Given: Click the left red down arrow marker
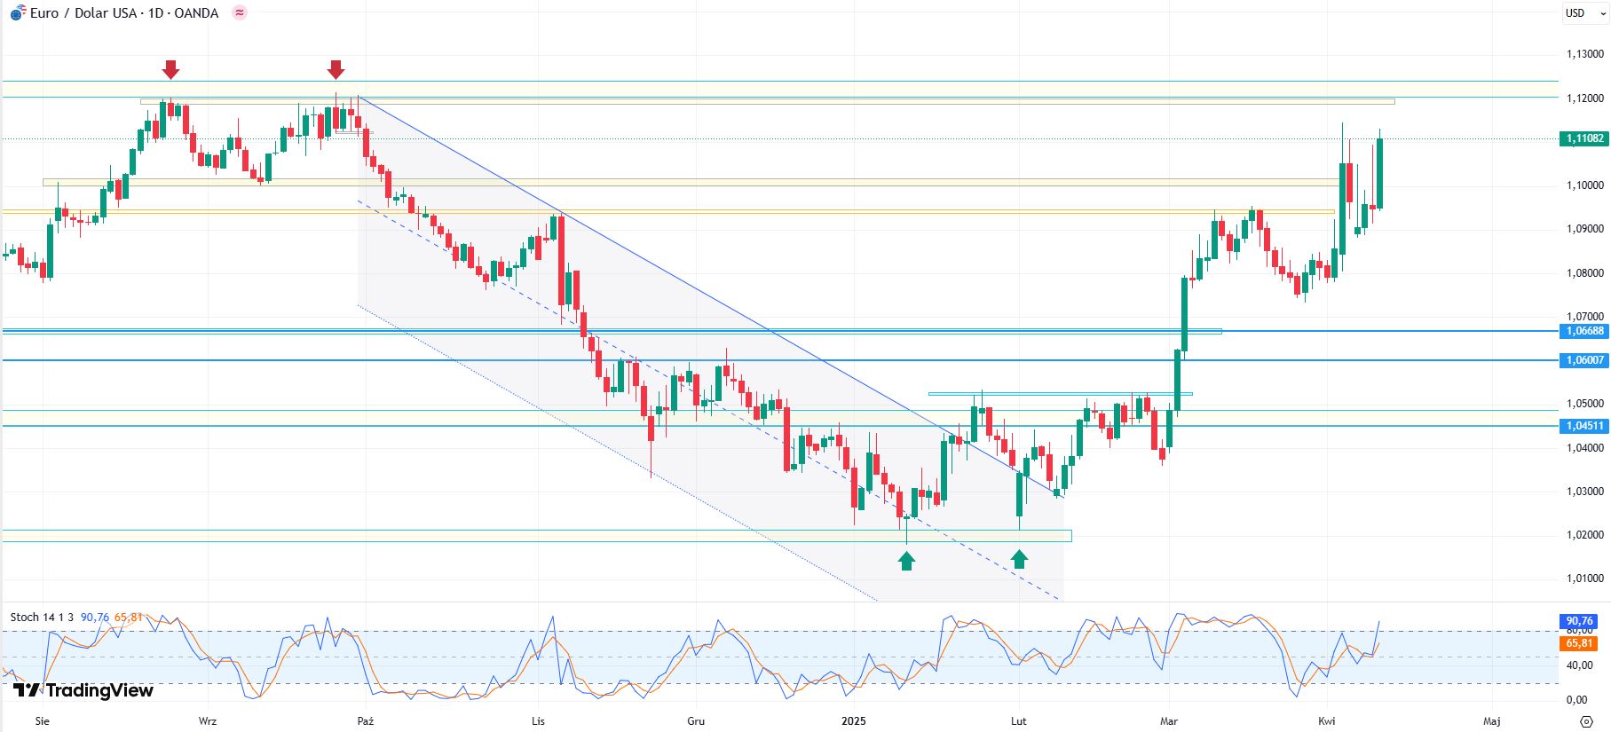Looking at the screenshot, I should pyautogui.click(x=171, y=69).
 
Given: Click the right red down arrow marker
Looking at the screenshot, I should pyautogui.click(x=336, y=69).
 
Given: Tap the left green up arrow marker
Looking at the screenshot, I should pyautogui.click(x=906, y=561).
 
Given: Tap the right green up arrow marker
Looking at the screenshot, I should pyautogui.click(x=1019, y=558).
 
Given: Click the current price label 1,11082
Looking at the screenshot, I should pyautogui.click(x=1583, y=138).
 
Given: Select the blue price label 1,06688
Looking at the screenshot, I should pyautogui.click(x=1583, y=331).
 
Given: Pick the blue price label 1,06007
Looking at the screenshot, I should pyautogui.click(x=1583, y=360).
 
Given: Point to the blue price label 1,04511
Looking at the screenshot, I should pyautogui.click(x=1583, y=426).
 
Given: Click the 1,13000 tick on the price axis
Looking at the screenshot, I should pyautogui.click(x=1584, y=54).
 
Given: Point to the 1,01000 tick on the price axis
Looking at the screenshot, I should pyautogui.click(x=1584, y=579).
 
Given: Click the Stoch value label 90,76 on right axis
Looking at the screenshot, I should pyautogui.click(x=1578, y=621).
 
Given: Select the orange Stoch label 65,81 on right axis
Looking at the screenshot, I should pyautogui.click(x=1578, y=643).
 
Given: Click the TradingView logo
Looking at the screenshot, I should pyautogui.click(x=83, y=690).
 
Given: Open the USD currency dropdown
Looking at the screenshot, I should pyautogui.click(x=1585, y=13).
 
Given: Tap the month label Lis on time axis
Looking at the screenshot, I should pyautogui.click(x=538, y=721).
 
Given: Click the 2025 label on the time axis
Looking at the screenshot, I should pyautogui.click(x=854, y=721).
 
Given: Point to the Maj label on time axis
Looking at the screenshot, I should pyautogui.click(x=1492, y=721).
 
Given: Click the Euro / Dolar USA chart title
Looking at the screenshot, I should pyautogui.click(x=124, y=13).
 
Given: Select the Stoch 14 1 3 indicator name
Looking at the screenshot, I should pyautogui.click(x=42, y=618).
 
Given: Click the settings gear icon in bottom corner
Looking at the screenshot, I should pyautogui.click(x=1586, y=721).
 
